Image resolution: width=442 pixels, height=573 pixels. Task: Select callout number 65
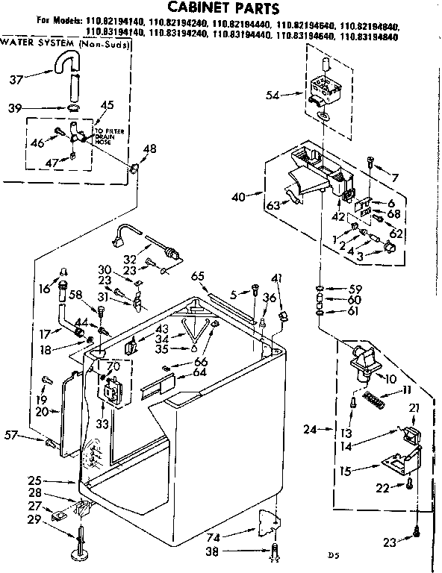(197, 276)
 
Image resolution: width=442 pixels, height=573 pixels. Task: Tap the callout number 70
(114, 366)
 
